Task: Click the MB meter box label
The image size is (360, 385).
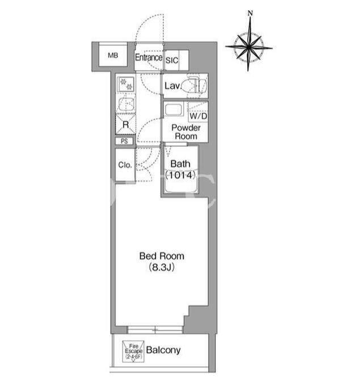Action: (113, 56)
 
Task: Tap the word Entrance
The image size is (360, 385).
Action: (149, 57)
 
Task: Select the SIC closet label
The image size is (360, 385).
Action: (172, 61)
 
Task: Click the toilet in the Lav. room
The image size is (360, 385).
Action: (197, 85)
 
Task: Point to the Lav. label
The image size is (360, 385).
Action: (173, 86)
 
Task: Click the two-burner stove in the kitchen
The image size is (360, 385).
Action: (126, 84)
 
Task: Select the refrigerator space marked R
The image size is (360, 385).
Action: (125, 124)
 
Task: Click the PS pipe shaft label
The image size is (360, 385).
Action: (125, 141)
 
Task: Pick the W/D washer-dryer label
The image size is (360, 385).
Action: (198, 116)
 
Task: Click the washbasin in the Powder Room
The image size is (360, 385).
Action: (173, 109)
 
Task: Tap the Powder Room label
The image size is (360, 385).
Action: (186, 132)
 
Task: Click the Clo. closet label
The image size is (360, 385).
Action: (125, 165)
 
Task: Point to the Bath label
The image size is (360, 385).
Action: (180, 164)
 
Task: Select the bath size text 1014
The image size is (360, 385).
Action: (180, 175)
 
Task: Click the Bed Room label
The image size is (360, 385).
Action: (162, 256)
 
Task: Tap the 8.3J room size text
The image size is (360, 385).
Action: (162, 267)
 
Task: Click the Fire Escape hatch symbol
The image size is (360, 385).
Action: (133, 351)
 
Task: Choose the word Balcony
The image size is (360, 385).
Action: (163, 350)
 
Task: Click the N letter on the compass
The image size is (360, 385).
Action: (250, 13)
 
